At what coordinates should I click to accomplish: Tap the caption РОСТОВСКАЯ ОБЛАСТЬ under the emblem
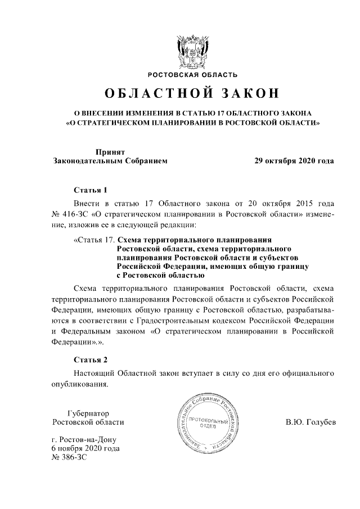click(192, 74)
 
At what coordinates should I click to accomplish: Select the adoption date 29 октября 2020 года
click(294, 160)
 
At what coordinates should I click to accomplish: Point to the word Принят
click(110, 151)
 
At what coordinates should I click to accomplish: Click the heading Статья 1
click(90, 190)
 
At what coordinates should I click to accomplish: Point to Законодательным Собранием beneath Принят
click(110, 160)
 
